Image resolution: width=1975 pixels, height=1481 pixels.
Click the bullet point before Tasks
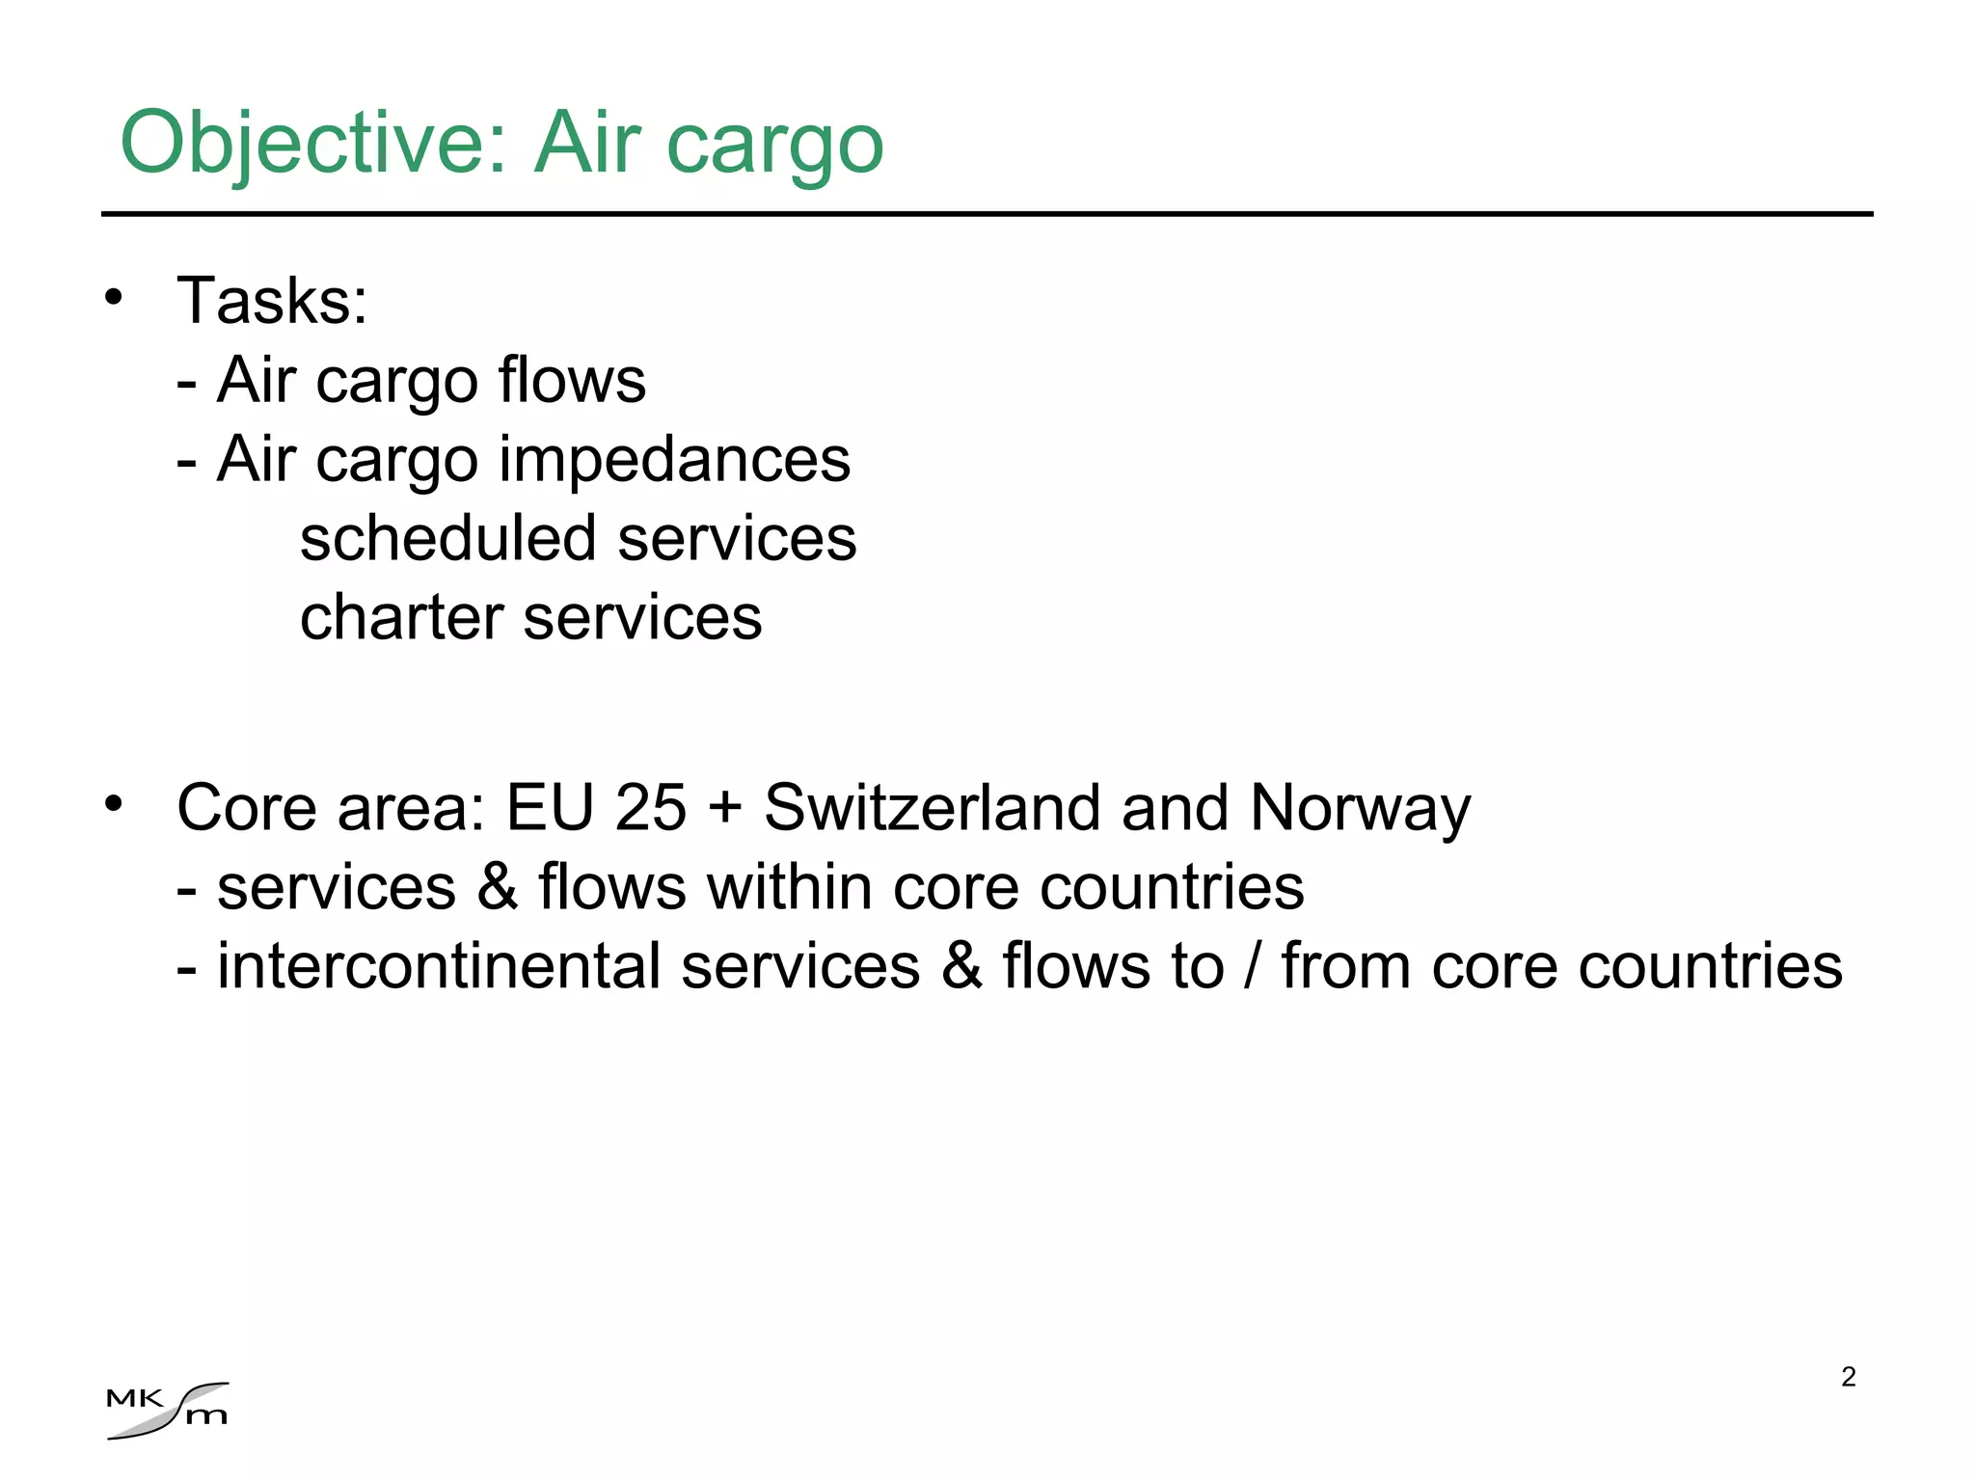(x=114, y=297)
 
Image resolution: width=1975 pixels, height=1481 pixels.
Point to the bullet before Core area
(x=114, y=803)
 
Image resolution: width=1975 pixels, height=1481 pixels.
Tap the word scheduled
(x=448, y=538)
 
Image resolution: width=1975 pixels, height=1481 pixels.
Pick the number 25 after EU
(x=650, y=807)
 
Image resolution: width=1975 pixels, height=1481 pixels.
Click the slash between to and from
(x=1252, y=966)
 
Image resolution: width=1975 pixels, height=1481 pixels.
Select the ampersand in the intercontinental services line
(x=960, y=966)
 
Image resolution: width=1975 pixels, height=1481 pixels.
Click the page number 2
(x=1848, y=1377)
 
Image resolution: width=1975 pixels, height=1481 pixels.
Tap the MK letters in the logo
(x=134, y=1398)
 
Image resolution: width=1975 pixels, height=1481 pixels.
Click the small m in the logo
(x=206, y=1416)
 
